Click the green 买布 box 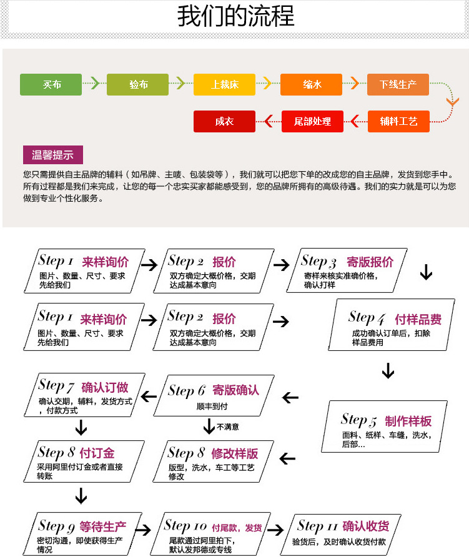(51, 84)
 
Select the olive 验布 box (137, 84)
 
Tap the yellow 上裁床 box (224, 84)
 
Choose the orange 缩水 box (311, 84)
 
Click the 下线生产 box (398, 84)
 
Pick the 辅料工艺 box (398, 121)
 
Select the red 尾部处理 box (312, 121)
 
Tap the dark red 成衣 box (224, 121)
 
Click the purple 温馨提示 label (52, 155)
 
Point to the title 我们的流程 (235, 17)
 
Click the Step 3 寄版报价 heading (347, 262)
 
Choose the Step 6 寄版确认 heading (213, 390)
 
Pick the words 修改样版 (234, 453)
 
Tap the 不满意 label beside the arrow (228, 427)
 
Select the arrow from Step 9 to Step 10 (144, 530)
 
